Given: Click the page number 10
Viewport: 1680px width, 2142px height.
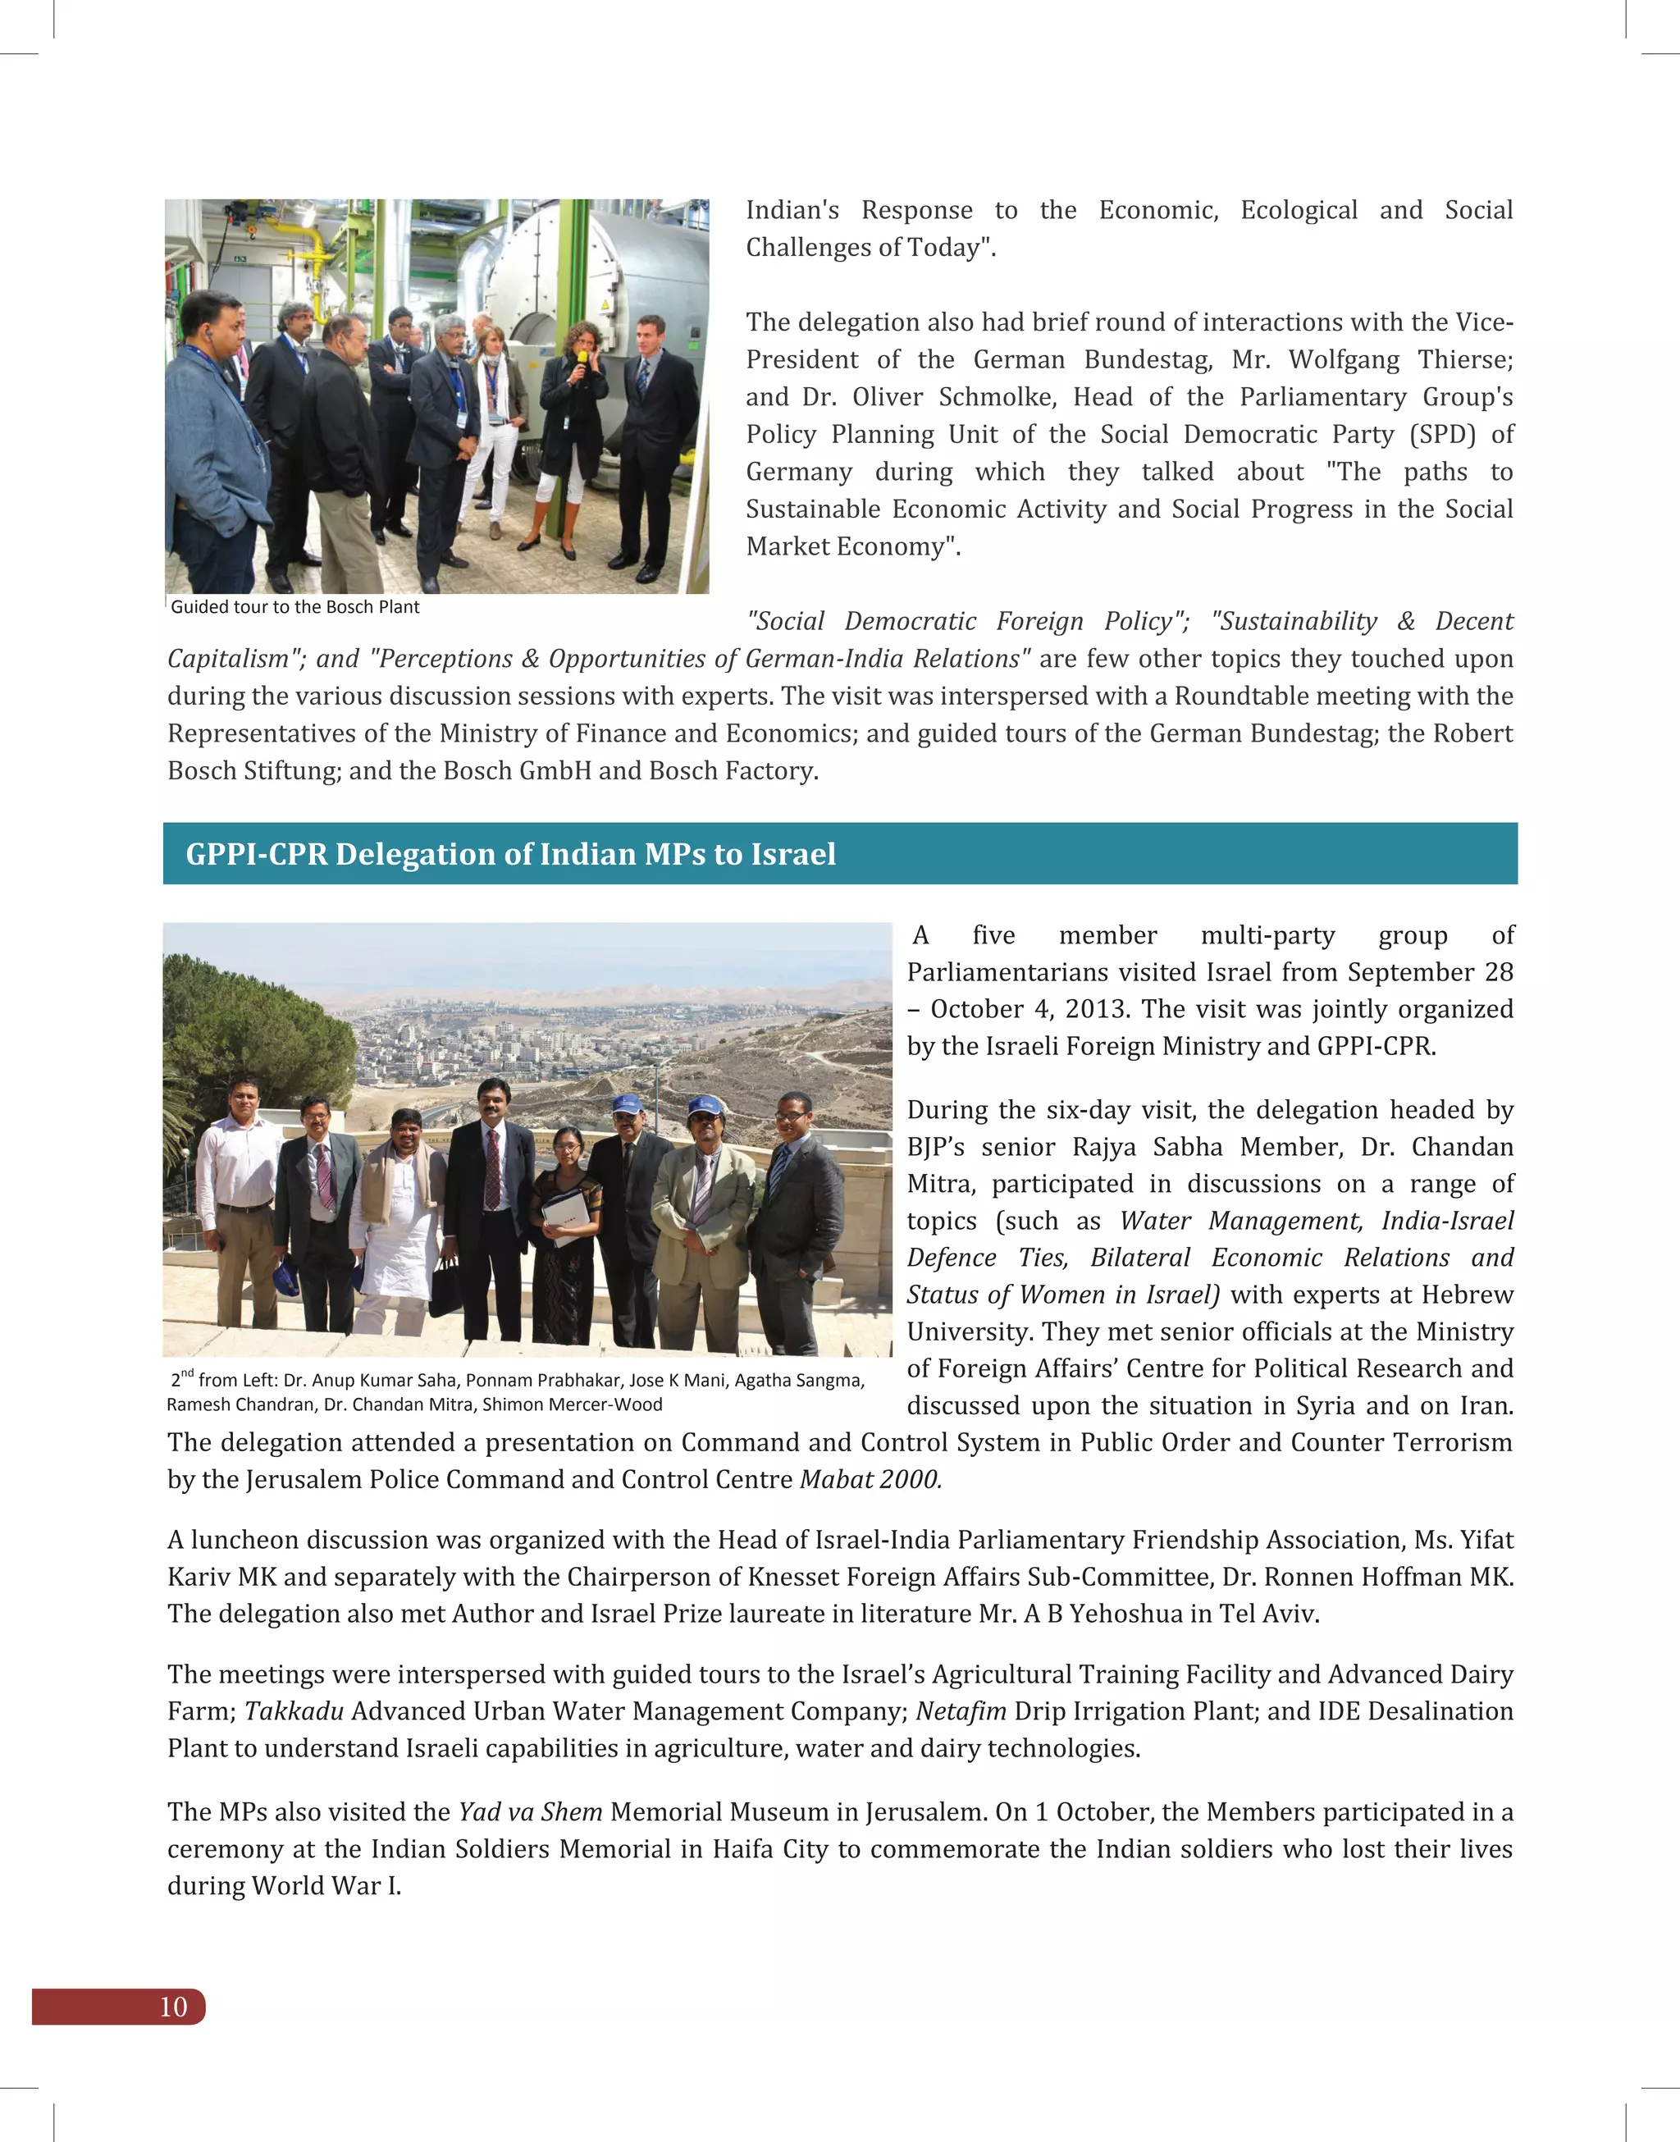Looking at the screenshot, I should (173, 2007).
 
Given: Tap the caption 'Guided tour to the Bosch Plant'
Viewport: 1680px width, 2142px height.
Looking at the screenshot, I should (295, 607).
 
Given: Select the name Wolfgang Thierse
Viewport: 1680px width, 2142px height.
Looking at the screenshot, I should (1400, 360).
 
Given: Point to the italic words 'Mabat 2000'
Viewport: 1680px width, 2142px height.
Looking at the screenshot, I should (870, 1479).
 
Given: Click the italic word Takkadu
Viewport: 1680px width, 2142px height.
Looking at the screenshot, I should (293, 1711).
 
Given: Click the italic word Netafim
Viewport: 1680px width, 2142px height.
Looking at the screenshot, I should (960, 1711).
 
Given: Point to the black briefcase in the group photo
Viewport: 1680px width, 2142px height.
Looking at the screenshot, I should (446, 1288).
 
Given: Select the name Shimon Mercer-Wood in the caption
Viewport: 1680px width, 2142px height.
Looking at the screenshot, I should (573, 1404).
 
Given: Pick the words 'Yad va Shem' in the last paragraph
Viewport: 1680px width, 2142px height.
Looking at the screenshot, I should (530, 1811).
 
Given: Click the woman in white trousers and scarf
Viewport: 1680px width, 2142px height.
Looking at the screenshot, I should (492, 413).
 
